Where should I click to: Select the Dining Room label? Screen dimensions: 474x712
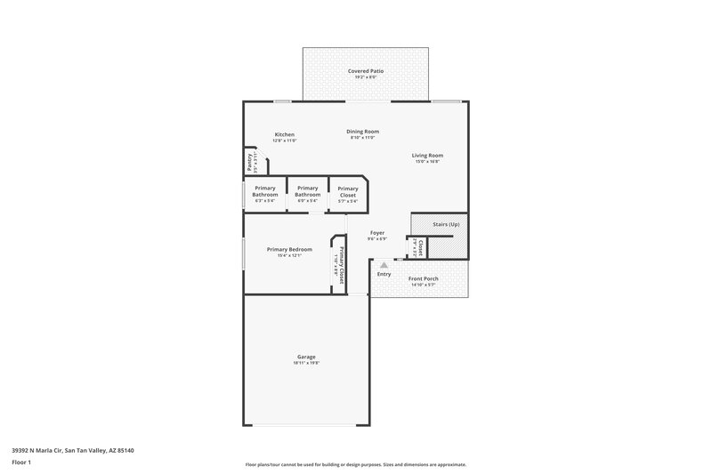pos(362,131)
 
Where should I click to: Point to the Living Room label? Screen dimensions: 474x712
pos(427,155)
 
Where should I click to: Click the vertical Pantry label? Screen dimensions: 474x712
pos(250,162)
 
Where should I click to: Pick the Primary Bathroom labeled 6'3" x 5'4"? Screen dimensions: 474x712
pos(265,191)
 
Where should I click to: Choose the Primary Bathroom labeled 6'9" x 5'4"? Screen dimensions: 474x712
pos(307,191)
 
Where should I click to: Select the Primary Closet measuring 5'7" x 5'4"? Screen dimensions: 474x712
pos(348,191)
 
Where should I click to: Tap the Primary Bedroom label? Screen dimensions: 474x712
pos(289,249)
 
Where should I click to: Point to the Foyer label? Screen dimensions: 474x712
pos(377,233)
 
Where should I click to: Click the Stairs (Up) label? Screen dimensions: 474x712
pos(445,224)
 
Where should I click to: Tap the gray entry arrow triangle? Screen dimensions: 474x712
pos(384,264)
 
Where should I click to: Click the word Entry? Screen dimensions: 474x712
pos(384,274)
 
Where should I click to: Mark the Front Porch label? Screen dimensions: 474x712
pos(423,278)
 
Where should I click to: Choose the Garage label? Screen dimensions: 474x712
pos(306,356)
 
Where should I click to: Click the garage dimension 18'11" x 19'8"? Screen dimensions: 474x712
pos(306,363)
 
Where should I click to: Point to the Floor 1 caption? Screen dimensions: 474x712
pos(21,463)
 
